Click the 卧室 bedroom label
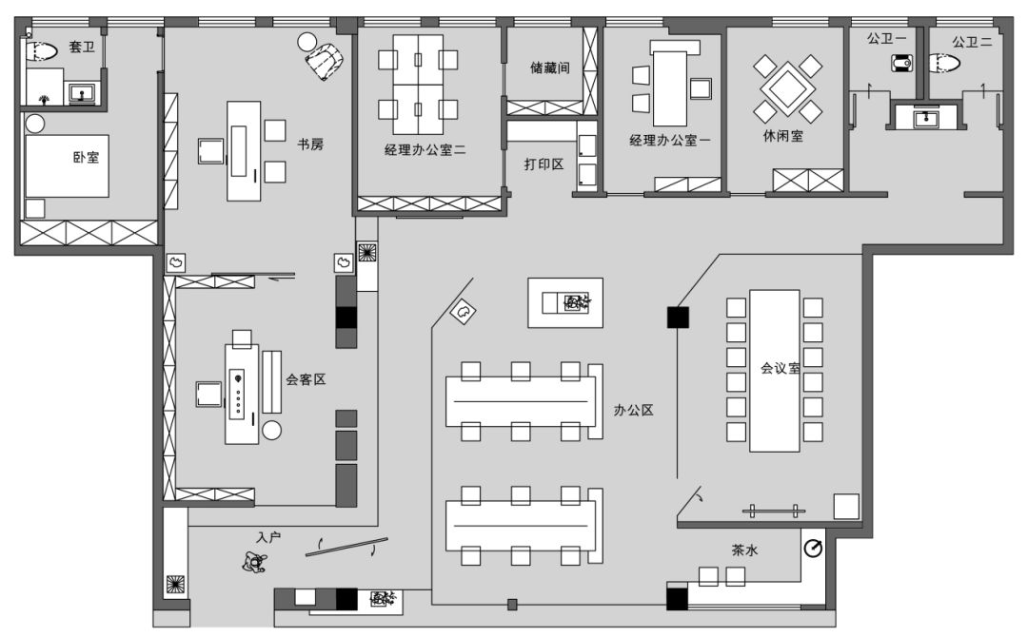(86, 157)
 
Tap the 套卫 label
(82, 47)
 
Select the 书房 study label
(310, 145)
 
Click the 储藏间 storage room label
(549, 68)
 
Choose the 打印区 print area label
(544, 164)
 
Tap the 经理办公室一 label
(670, 140)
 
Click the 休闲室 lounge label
(782, 136)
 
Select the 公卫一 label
(885, 40)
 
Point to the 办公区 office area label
(633, 411)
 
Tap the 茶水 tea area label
(745, 550)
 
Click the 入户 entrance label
(269, 537)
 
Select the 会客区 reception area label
(306, 379)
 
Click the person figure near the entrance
(253, 564)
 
